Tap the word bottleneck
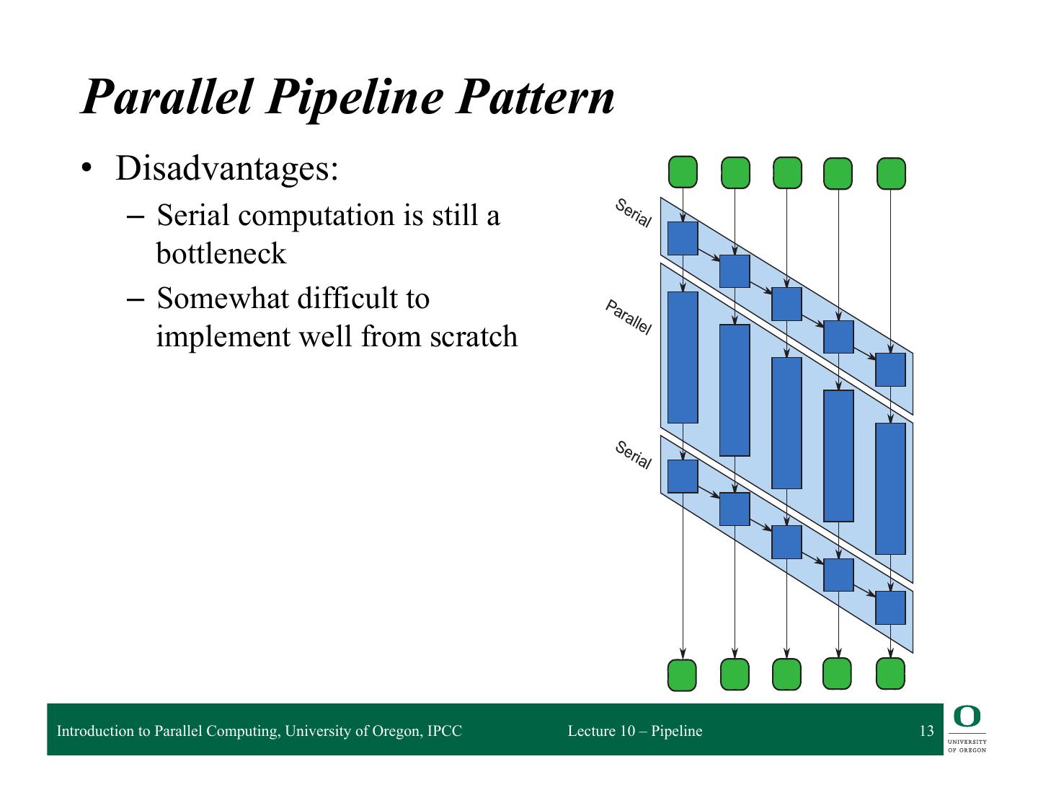(x=221, y=253)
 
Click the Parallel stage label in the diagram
(x=629, y=317)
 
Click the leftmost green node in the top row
(x=683, y=172)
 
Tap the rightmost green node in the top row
(x=891, y=173)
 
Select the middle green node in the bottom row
(x=786, y=675)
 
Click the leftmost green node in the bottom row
(x=683, y=675)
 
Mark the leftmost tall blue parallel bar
(x=683, y=357)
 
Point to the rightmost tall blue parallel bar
(x=890, y=488)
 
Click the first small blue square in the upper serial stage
(x=683, y=238)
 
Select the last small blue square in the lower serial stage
(x=890, y=607)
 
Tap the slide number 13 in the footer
(x=926, y=731)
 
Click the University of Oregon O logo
(x=967, y=716)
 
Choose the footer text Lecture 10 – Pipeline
(x=634, y=731)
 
